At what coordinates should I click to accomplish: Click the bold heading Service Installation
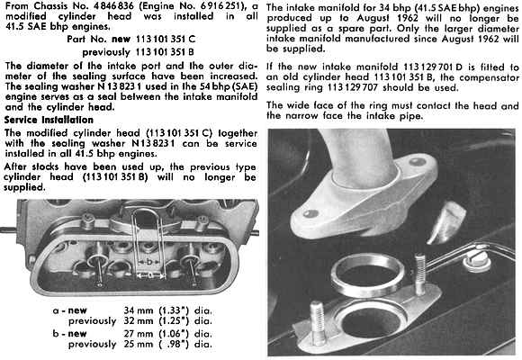(49, 120)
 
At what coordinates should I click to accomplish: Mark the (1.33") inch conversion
(174, 310)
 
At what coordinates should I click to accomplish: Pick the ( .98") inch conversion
(174, 344)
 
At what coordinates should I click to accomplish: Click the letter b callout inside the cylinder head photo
(149, 262)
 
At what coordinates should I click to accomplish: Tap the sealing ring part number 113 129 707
(353, 87)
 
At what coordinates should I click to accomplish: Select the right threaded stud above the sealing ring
(420, 274)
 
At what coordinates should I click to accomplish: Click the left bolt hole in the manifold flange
(310, 212)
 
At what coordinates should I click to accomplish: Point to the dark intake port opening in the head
(372, 321)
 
